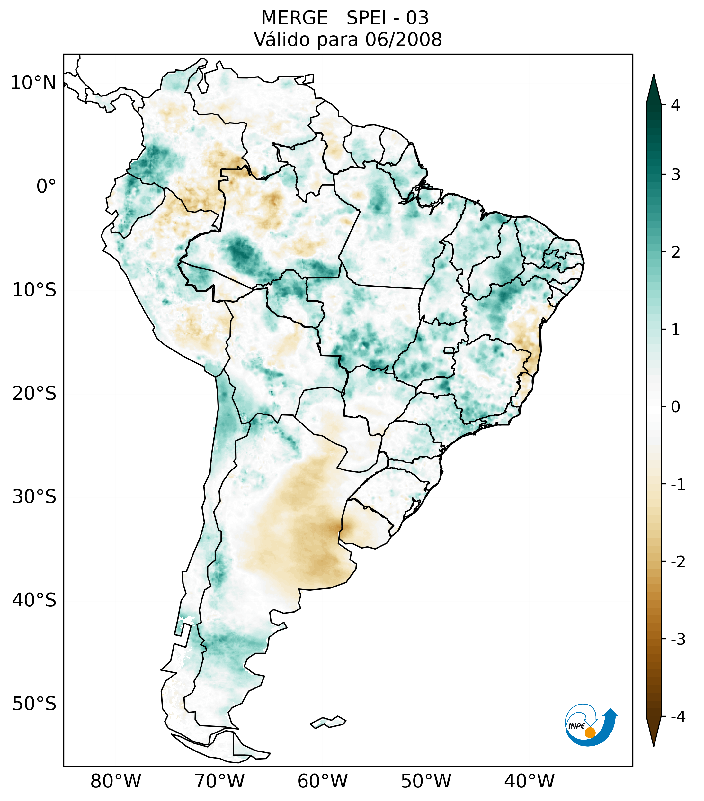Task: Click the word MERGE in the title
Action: point(294,18)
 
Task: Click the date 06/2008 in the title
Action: point(403,40)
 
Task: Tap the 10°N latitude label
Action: point(33,83)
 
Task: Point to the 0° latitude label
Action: point(46,187)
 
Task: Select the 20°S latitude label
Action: point(34,394)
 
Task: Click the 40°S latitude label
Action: point(34,600)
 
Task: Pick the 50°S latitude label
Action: point(34,704)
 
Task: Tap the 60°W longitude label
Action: point(322,781)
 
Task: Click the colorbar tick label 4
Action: point(675,105)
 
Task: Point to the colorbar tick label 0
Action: point(675,407)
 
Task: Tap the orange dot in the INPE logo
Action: point(590,733)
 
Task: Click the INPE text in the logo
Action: point(576,726)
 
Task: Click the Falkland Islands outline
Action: point(328,722)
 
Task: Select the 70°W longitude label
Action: point(219,781)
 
